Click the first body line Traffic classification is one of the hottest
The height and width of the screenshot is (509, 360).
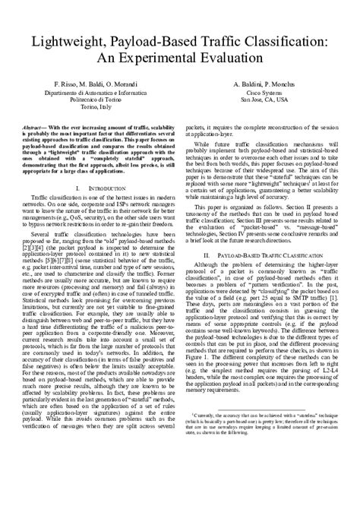click(101, 196)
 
